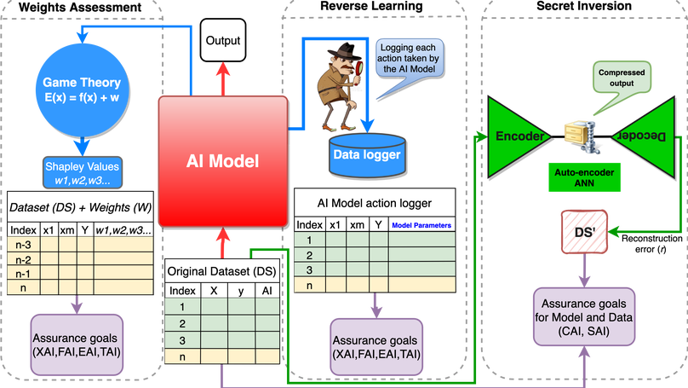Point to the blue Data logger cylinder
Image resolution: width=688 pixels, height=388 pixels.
pyautogui.click(x=366, y=155)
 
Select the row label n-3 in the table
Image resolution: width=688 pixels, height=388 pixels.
pyautogui.click(x=20, y=245)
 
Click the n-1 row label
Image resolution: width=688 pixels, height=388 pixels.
pyautogui.click(x=20, y=274)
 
